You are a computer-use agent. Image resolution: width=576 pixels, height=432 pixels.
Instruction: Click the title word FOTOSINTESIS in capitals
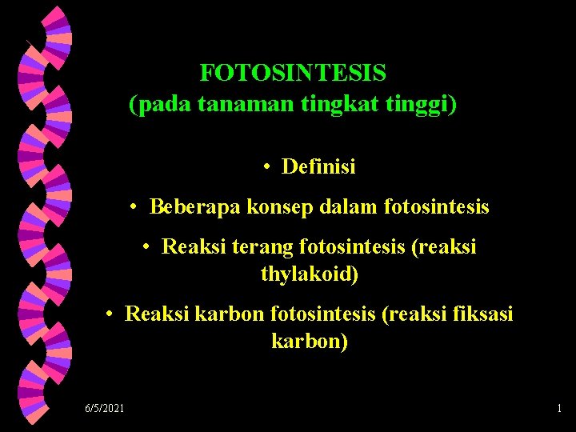(293, 73)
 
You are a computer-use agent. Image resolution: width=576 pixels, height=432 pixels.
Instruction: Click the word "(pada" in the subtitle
(154, 104)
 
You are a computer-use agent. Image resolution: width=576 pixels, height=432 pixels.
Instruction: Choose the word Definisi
(318, 167)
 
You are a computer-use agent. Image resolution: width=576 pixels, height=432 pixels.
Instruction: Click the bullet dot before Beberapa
(135, 208)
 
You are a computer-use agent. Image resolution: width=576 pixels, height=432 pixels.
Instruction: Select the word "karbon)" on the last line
(310, 342)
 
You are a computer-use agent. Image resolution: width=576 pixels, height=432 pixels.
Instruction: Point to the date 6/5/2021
(105, 409)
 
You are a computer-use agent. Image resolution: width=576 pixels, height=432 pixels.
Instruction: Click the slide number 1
(558, 409)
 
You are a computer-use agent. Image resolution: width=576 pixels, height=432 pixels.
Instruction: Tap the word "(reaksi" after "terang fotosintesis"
(443, 247)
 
